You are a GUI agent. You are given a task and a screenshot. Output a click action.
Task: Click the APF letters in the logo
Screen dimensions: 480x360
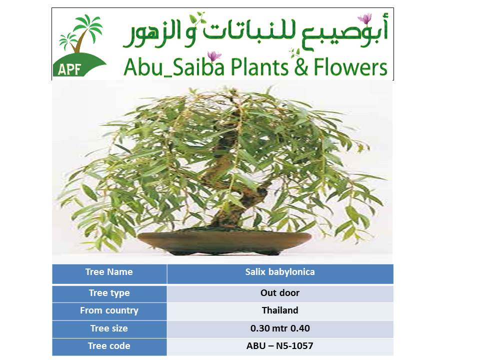tap(69, 69)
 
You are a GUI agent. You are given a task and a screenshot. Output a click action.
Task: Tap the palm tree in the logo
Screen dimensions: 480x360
tap(81, 33)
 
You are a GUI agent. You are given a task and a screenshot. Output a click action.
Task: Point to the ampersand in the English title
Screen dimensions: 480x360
tap(301, 67)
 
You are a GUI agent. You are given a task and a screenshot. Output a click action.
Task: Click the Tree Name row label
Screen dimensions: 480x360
tap(109, 272)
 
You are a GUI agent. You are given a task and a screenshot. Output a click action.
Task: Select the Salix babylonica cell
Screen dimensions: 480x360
tap(280, 272)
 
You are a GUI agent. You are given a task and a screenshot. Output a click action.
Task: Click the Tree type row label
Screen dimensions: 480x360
tap(109, 293)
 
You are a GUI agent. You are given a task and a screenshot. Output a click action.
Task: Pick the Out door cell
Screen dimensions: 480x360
tap(280, 293)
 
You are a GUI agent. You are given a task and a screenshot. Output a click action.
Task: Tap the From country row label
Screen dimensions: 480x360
tap(109, 310)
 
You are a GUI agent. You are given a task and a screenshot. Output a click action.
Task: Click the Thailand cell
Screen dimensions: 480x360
tap(280, 310)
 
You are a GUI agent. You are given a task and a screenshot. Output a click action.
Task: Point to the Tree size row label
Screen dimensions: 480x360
tap(109, 328)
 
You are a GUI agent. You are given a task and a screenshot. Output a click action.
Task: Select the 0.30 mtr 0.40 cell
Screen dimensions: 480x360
tap(280, 328)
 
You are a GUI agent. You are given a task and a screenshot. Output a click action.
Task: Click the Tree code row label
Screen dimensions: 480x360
tap(109, 346)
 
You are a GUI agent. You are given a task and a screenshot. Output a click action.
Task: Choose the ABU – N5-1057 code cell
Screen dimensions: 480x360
tap(280, 346)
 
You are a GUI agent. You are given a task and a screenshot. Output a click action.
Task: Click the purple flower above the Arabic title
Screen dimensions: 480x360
tap(365, 18)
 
